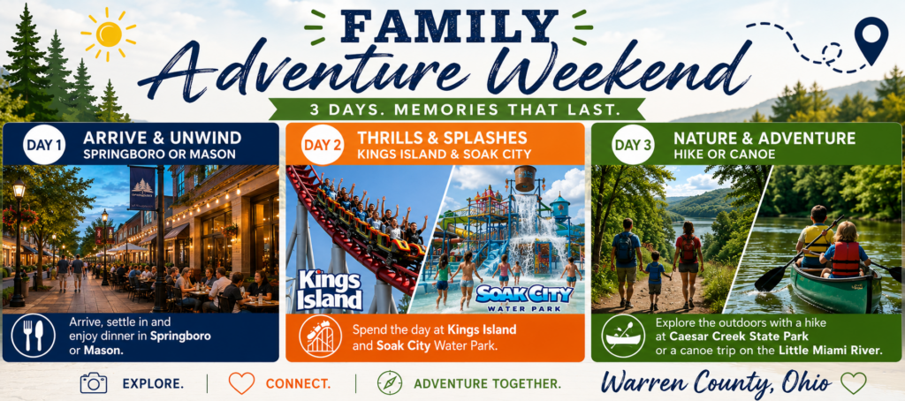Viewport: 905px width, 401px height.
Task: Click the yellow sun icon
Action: pyautogui.click(x=109, y=34)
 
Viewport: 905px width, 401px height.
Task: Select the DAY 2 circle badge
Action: pyautogui.click(x=323, y=145)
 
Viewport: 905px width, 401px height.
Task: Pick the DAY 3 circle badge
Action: pyautogui.click(x=633, y=145)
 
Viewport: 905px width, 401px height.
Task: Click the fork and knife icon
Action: pyautogui.click(x=34, y=336)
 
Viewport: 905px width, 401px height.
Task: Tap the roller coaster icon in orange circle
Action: pyautogui.click(x=320, y=336)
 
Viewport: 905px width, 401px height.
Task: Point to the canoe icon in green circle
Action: pyautogui.click(x=623, y=336)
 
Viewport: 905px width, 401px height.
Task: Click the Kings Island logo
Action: pyautogui.click(x=330, y=289)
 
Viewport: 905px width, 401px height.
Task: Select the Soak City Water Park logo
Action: pyautogui.click(x=523, y=297)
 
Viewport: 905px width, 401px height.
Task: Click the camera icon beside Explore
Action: pyautogui.click(x=94, y=382)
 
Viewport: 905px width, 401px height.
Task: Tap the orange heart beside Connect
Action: pyautogui.click(x=241, y=383)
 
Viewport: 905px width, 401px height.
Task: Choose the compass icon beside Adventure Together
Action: pyautogui.click(x=390, y=382)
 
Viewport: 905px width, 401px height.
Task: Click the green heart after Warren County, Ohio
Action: pyautogui.click(x=853, y=382)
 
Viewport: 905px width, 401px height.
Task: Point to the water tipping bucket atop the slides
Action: pyautogui.click(x=526, y=178)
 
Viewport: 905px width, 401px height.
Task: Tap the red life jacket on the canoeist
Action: pyautogui.click(x=846, y=258)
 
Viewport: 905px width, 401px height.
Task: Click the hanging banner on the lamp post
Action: pyautogui.click(x=142, y=188)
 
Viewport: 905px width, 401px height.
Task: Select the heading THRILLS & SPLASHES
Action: pyautogui.click(x=442, y=138)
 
